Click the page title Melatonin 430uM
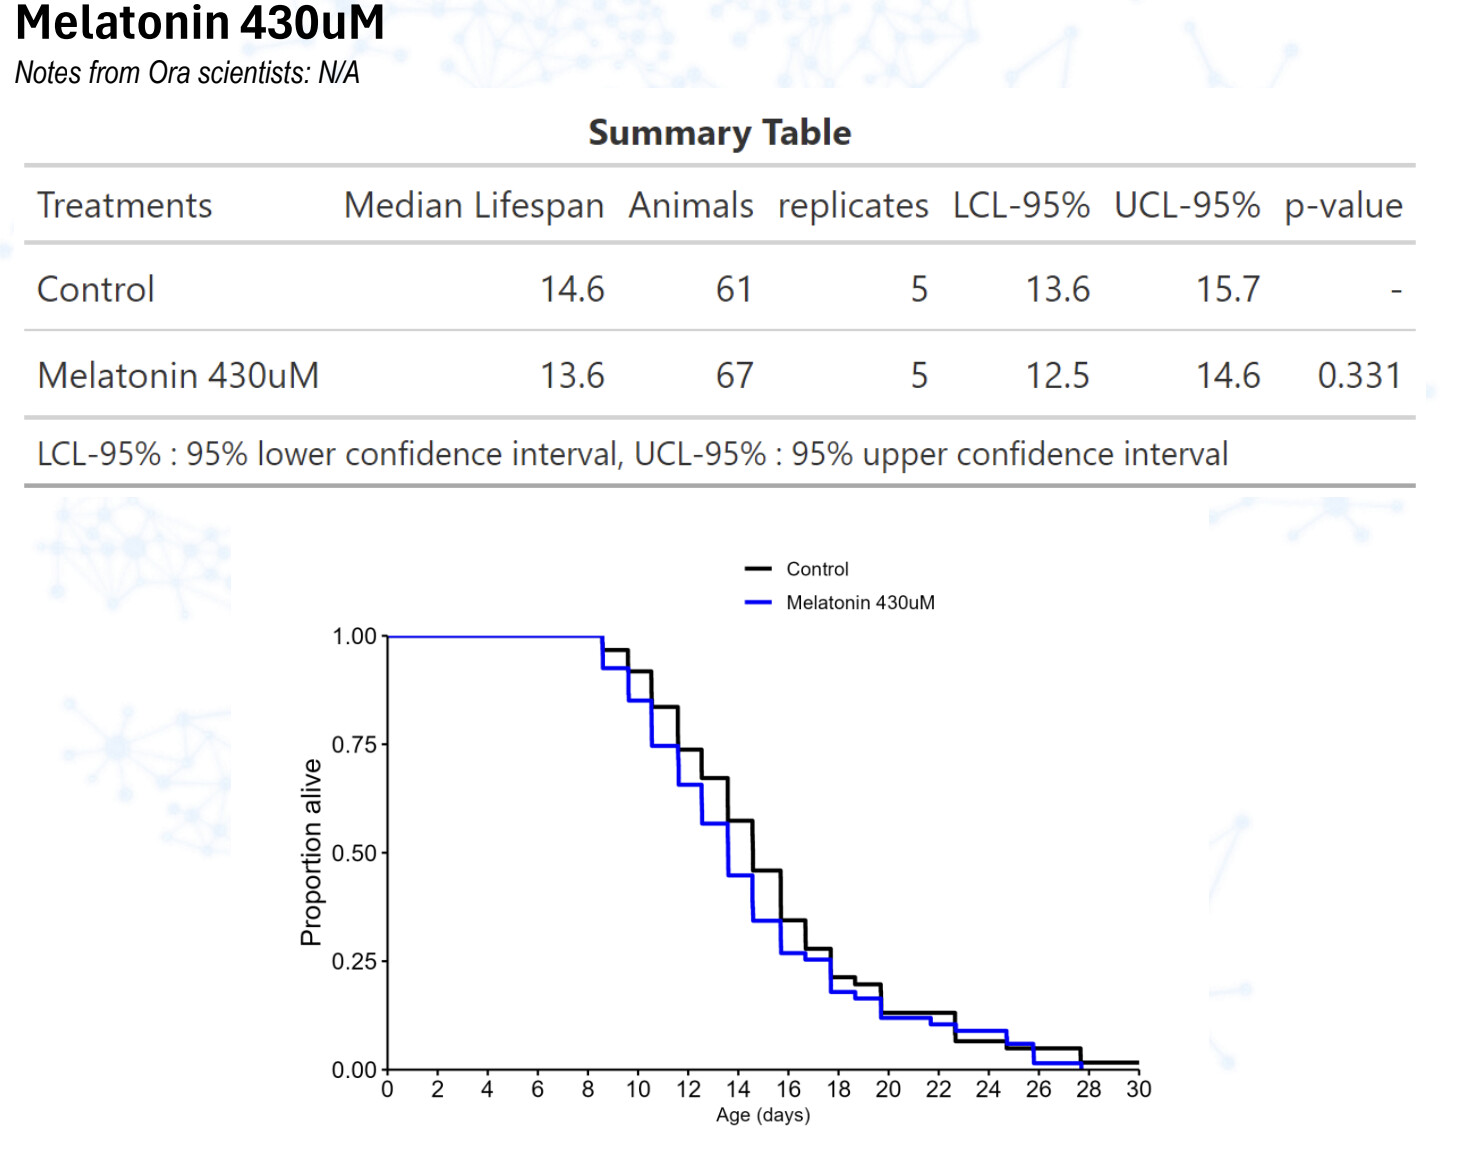tap(200, 24)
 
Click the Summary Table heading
tap(719, 133)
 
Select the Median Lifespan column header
tap(474, 205)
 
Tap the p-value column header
tap(1343, 205)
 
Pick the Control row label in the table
tap(96, 290)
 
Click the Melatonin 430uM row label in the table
tap(178, 376)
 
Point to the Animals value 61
tap(733, 290)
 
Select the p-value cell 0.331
tap(1359, 376)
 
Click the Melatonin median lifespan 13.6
tap(572, 376)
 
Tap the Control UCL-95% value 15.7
tap(1228, 290)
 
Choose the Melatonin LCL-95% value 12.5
tap(1058, 376)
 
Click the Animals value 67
tap(733, 376)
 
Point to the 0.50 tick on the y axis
tap(354, 853)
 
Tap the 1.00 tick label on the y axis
tap(354, 637)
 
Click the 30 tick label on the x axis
tap(1139, 1090)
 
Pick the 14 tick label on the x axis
tap(738, 1090)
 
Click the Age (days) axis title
tap(763, 1115)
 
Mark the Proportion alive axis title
tap(312, 852)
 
